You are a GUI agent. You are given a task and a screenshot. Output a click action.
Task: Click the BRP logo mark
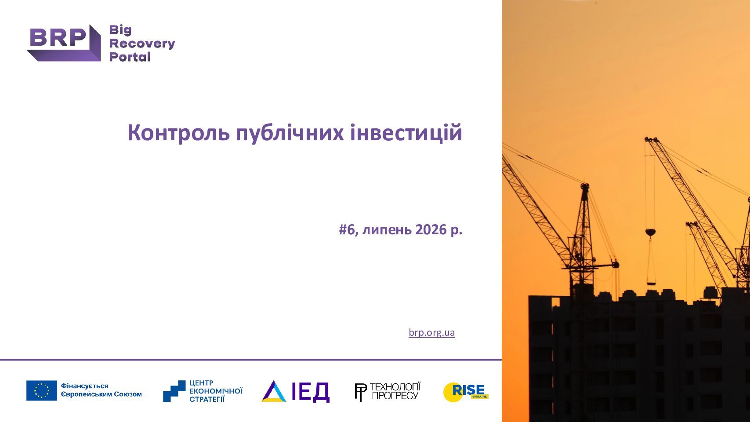(x=64, y=43)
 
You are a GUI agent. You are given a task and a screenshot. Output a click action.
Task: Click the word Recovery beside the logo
(x=142, y=44)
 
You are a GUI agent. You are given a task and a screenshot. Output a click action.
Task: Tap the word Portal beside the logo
(x=130, y=57)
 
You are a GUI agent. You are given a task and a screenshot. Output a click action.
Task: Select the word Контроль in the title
(x=178, y=133)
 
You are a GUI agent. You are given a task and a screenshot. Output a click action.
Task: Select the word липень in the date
(x=387, y=230)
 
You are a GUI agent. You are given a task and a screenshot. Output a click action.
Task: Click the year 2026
(x=431, y=230)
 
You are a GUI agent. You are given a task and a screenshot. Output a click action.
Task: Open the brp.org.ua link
(x=431, y=333)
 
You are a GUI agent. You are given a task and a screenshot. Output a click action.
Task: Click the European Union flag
(x=41, y=390)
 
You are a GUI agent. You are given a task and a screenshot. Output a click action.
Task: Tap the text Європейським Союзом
(x=101, y=394)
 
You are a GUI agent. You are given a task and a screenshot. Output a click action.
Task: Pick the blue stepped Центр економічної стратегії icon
(x=174, y=391)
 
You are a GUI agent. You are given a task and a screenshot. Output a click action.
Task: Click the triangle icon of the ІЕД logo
(x=274, y=391)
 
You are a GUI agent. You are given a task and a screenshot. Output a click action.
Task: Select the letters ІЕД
(x=311, y=392)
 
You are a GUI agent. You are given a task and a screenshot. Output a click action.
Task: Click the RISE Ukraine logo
(x=466, y=392)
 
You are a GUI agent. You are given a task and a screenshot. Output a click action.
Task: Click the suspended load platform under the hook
(x=651, y=284)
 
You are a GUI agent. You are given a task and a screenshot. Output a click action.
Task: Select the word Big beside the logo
(x=120, y=30)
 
